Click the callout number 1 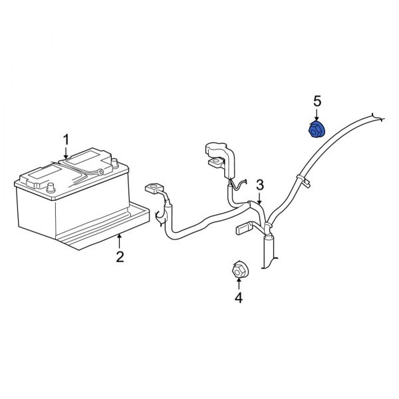pyautogui.click(x=66, y=141)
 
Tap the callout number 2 pyautogui.click(x=120, y=257)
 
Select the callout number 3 pyautogui.click(x=260, y=185)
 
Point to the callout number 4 pyautogui.click(x=239, y=298)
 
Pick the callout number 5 pyautogui.click(x=317, y=101)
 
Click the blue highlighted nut pyautogui.click(x=317, y=130)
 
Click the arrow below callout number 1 pyautogui.click(x=66, y=153)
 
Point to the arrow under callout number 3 pyautogui.click(x=259, y=198)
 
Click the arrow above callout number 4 pyautogui.click(x=239, y=284)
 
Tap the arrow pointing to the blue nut pyautogui.click(x=317, y=115)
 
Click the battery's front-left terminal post pyautogui.click(x=51, y=188)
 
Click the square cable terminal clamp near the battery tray pyautogui.click(x=153, y=189)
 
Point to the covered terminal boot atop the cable pyautogui.click(x=220, y=160)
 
